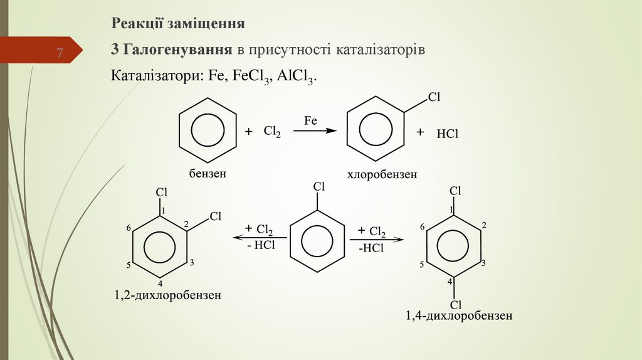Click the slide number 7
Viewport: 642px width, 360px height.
60,53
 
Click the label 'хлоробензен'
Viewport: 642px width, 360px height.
382,176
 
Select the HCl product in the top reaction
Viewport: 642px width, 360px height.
448,134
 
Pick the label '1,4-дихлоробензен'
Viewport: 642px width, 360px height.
459,316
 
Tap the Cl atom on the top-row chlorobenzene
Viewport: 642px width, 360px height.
434,97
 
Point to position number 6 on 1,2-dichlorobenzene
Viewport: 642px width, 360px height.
128,228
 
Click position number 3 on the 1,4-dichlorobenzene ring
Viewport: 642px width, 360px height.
483,263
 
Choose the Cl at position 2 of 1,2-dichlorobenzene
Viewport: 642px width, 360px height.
216,217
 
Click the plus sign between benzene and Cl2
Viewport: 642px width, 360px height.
248,132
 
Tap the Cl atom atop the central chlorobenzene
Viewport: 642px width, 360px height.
318,186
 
